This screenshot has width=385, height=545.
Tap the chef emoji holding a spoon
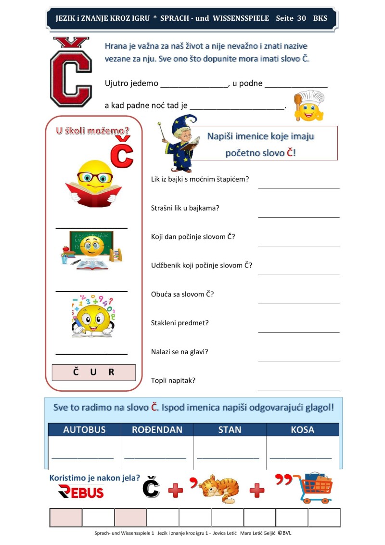309,106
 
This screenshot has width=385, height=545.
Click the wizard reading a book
180,143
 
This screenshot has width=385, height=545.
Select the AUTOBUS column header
84,429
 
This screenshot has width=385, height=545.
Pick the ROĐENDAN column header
157,429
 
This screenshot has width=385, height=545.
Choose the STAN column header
230,429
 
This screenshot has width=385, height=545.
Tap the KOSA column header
303,429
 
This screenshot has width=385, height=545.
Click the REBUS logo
81,492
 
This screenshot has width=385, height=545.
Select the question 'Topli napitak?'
174,380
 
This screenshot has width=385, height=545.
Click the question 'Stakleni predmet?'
180,323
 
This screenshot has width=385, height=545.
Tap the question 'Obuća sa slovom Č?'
182,294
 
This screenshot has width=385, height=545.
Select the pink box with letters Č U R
94,372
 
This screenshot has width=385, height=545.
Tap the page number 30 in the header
302,18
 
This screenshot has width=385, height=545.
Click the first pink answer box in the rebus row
66,518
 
